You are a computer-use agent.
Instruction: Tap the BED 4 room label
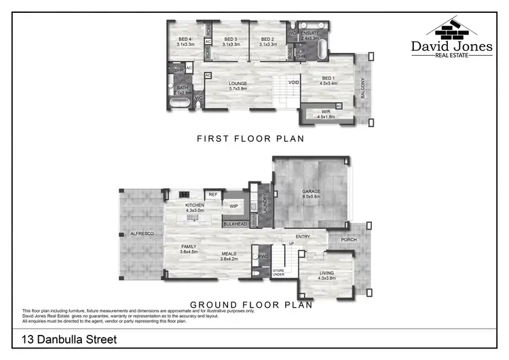point(185,41)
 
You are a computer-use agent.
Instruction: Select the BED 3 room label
point(231,41)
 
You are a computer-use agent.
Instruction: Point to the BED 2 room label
point(268,41)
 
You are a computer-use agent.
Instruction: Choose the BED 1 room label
point(328,81)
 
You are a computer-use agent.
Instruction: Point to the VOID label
point(293,82)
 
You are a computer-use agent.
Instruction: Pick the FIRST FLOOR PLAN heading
point(250,139)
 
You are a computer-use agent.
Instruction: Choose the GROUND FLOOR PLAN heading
point(250,306)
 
